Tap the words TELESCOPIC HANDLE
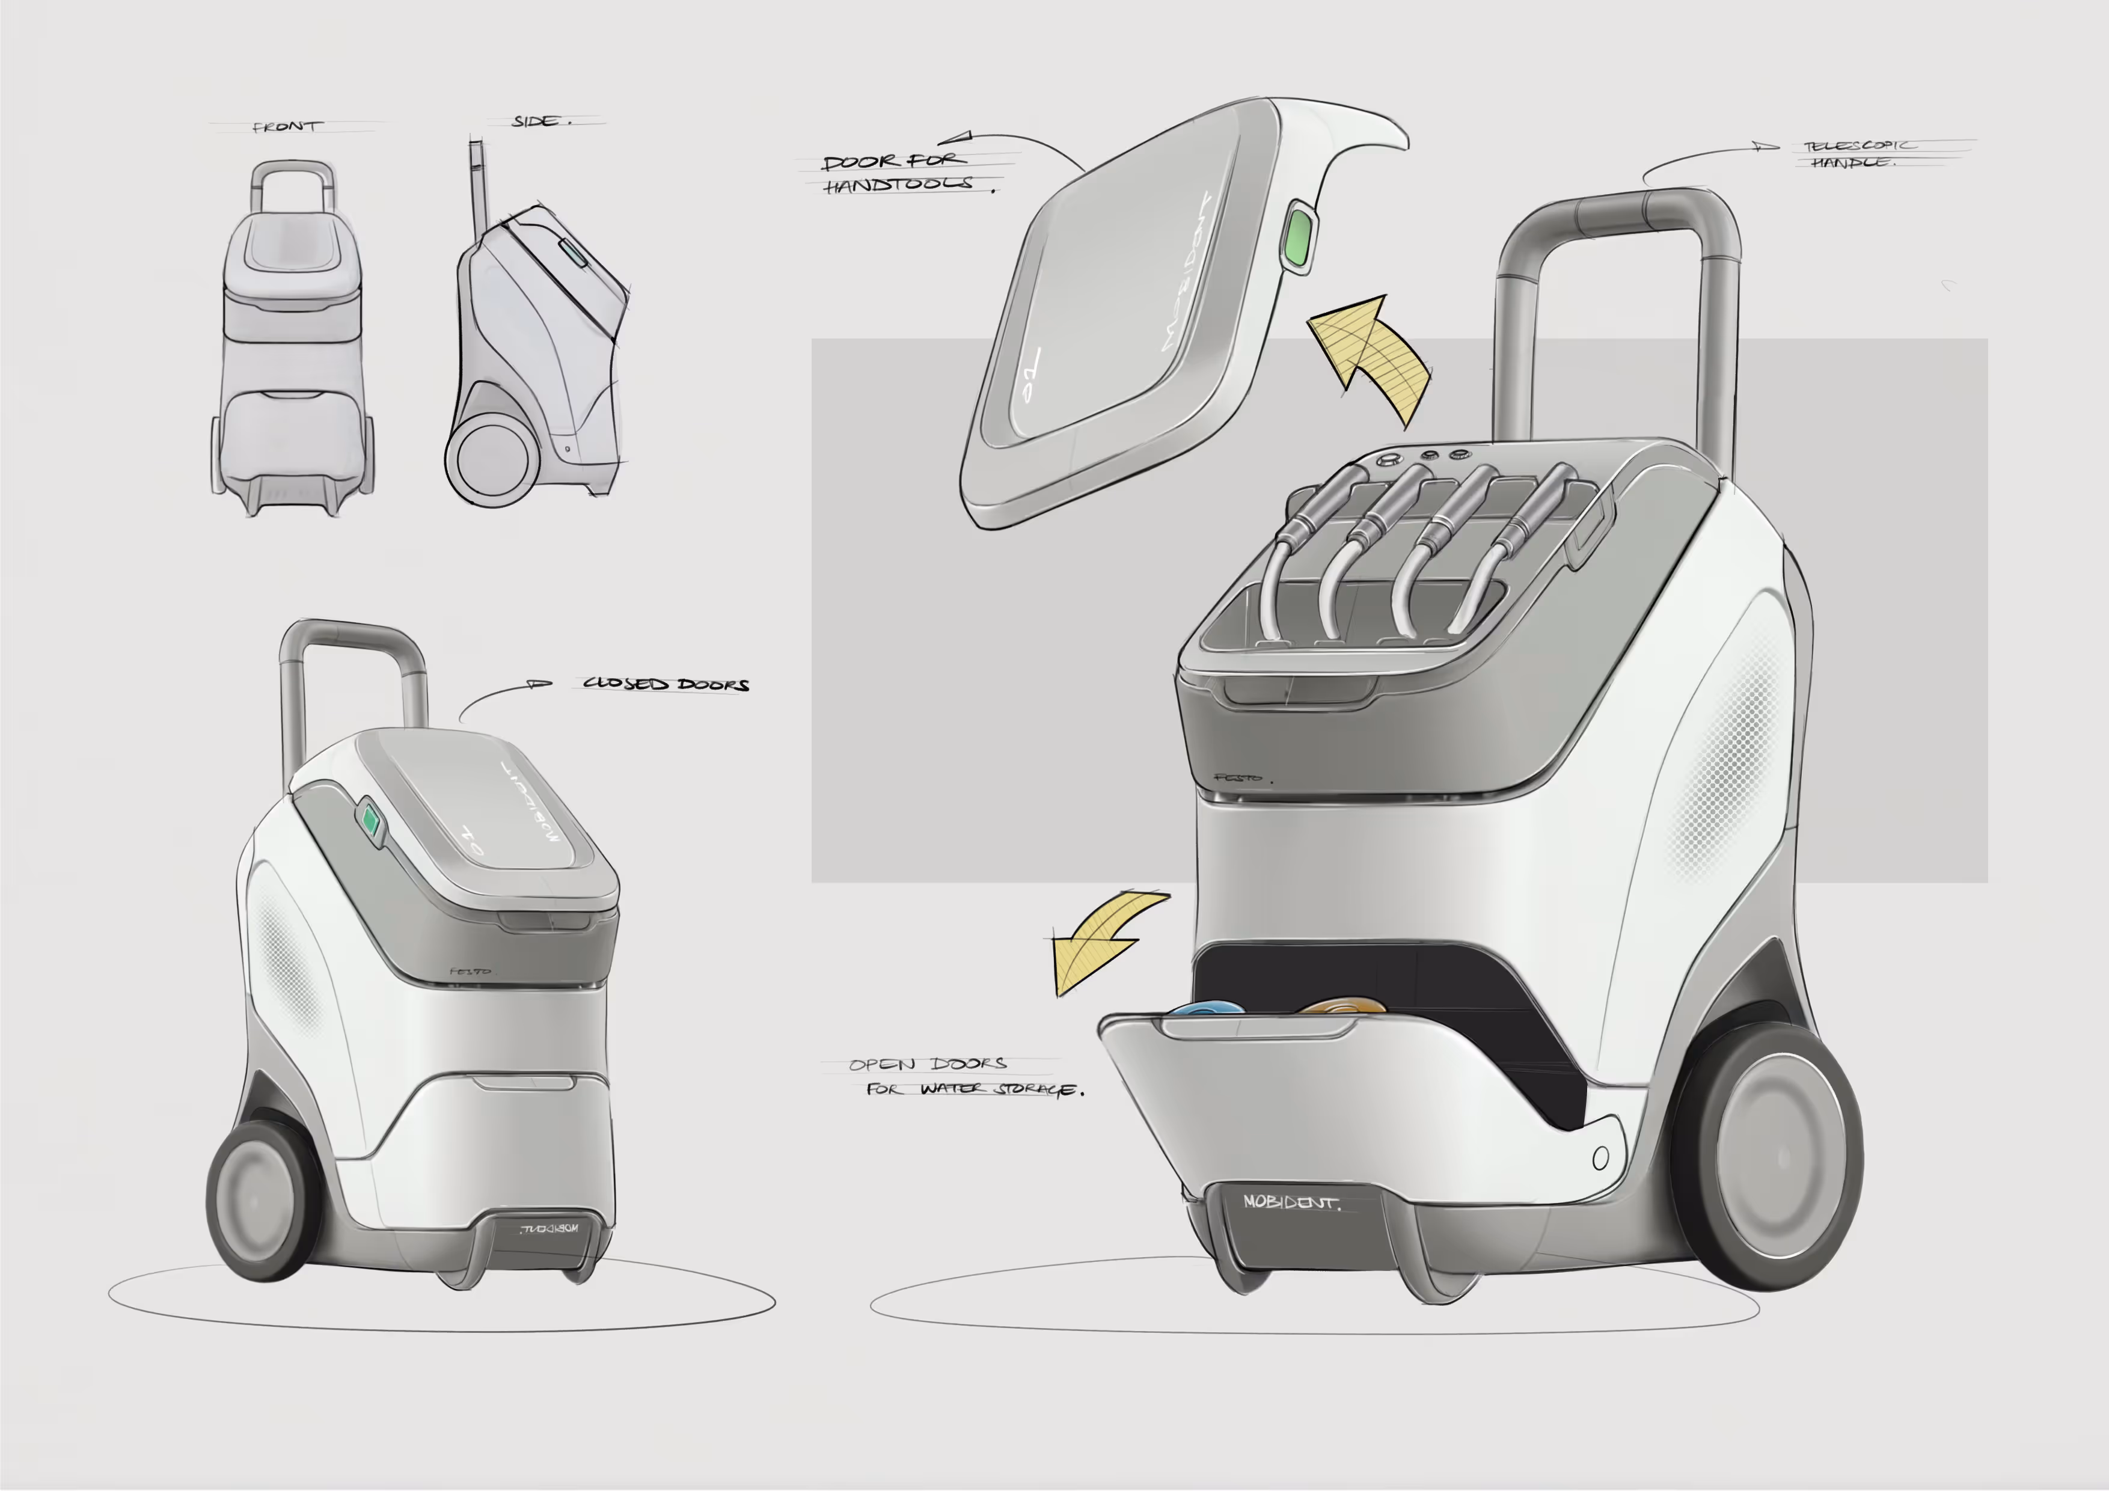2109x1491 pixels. (1857, 153)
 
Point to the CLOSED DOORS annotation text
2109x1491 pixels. (666, 684)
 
